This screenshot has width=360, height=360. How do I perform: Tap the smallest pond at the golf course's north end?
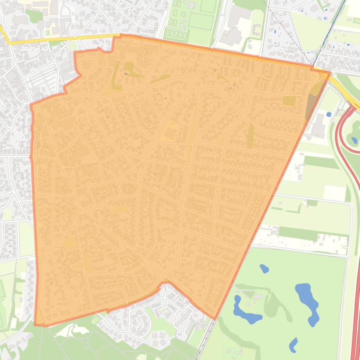click(264, 269)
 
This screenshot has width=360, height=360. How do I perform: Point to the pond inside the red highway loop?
click(354, 139)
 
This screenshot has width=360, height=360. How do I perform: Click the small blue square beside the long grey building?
click(329, 114)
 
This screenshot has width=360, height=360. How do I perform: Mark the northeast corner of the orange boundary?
click(329, 72)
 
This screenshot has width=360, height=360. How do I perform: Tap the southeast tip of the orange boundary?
click(215, 319)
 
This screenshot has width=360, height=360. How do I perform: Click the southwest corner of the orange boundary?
click(36, 324)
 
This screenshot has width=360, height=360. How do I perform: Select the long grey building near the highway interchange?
click(319, 125)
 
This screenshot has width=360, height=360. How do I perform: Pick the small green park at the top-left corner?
click(34, 16)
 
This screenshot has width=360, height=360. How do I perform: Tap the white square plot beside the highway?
click(335, 192)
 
